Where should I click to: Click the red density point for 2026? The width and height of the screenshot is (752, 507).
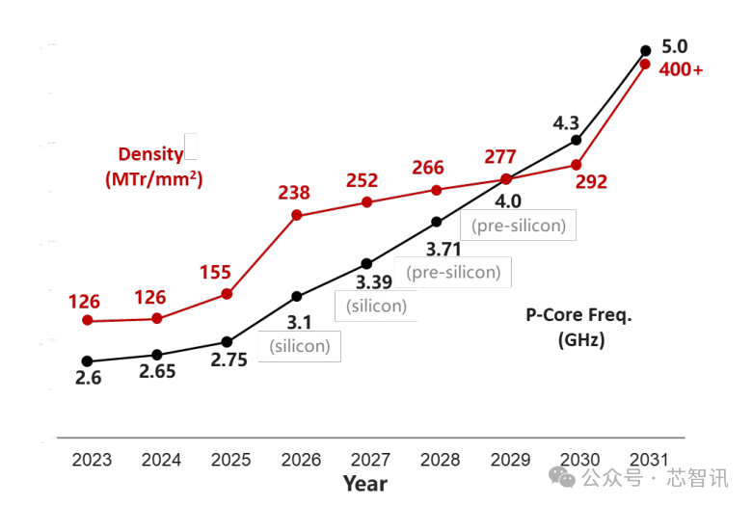tap(297, 215)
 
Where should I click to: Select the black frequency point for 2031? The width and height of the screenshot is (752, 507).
tap(646, 50)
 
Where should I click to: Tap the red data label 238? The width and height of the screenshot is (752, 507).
tap(294, 193)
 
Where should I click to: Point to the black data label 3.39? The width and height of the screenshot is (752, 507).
tap(374, 282)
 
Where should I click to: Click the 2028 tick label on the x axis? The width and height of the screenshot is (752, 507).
tap(440, 460)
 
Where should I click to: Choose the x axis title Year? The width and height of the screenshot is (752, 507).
tap(365, 484)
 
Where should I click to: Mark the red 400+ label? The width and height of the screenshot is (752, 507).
tap(681, 69)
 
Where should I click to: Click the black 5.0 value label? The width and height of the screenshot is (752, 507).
tap(674, 46)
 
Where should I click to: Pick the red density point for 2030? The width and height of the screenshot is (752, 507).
tap(576, 165)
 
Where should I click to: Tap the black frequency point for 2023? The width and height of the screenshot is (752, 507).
tap(88, 361)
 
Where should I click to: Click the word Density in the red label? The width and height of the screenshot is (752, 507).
tap(150, 154)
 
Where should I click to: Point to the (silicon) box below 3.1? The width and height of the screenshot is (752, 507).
tap(300, 346)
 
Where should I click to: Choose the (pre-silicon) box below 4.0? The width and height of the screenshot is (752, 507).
tap(519, 225)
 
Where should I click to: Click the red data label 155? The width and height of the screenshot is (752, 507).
tap(215, 273)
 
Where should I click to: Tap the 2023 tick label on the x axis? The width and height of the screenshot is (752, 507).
tap(92, 460)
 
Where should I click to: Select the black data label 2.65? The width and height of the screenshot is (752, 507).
tap(157, 371)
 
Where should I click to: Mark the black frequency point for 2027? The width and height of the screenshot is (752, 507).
tap(366, 264)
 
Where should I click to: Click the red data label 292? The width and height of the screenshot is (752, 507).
tap(591, 182)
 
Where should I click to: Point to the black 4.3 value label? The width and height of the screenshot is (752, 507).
tap(566, 123)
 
